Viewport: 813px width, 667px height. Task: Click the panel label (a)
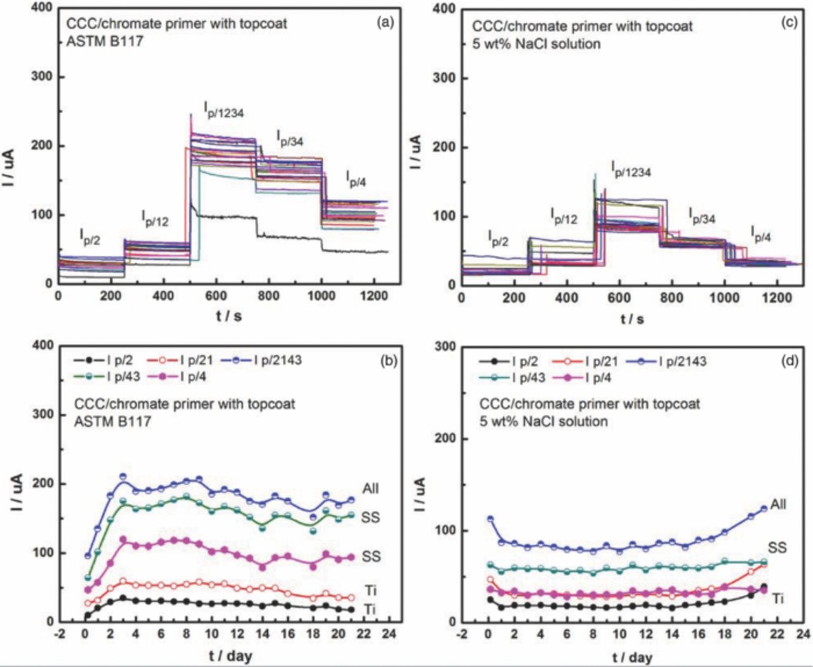click(385, 23)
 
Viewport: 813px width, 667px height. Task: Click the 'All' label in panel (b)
click(371, 488)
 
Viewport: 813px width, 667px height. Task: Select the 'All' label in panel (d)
click(778, 505)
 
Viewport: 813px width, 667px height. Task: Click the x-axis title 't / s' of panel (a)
click(229, 315)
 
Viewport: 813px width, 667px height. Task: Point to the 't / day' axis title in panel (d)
click(632, 657)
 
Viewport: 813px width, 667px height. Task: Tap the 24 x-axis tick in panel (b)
click(389, 634)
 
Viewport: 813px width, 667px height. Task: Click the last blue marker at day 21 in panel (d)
click(764, 509)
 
